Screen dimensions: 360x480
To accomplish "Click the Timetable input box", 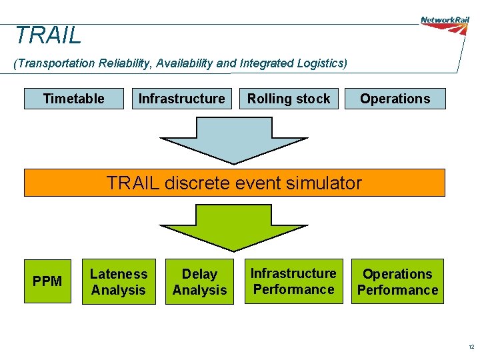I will (74, 99).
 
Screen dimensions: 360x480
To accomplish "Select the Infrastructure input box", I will (181, 99).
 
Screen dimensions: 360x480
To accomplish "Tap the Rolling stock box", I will (289, 99).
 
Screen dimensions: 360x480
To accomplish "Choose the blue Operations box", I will (395, 99).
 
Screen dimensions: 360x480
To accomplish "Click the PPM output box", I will (47, 281).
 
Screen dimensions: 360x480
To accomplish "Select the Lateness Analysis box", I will (119, 282).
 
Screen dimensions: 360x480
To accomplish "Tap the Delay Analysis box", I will (199, 282).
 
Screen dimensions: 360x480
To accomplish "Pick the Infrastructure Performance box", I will (293, 281).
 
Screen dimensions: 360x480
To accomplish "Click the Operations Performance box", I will (397, 281).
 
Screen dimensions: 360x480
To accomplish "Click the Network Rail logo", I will (445, 21).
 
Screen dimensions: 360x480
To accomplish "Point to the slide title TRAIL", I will (48, 35).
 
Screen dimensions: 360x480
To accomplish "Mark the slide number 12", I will (471, 347).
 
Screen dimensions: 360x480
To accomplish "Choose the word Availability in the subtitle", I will (186, 63).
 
